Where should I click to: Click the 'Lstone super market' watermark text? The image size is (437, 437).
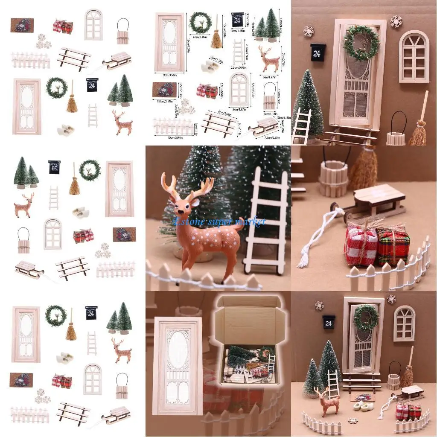(219, 221)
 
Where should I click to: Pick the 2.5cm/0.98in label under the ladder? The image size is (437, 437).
(238, 67)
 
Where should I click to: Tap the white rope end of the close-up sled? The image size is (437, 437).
(303, 262)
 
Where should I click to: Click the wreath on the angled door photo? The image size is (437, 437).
(361, 43)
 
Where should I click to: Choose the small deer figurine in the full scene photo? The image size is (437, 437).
(327, 401)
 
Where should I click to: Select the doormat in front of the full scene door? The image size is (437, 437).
(362, 396)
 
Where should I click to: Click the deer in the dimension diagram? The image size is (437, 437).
(269, 59)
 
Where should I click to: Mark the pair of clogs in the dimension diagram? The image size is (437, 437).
(210, 66)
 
